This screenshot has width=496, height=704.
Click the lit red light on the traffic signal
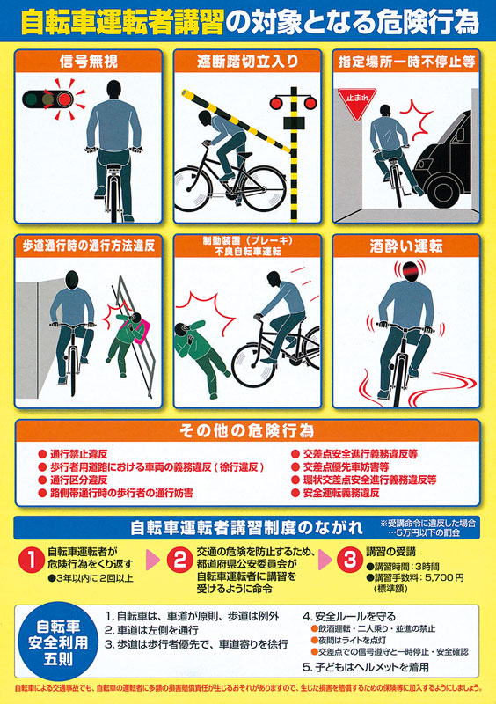pyautogui.click(x=65, y=99)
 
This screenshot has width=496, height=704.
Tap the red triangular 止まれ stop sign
pyautogui.click(x=357, y=102)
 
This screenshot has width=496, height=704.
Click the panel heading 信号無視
pyautogui.click(x=89, y=62)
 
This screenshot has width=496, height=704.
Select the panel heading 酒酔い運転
pyautogui.click(x=406, y=246)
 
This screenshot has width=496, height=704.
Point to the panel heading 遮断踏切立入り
pyautogui.click(x=247, y=62)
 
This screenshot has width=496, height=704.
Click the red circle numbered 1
pyautogui.click(x=32, y=560)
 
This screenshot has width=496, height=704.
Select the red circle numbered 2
pyautogui.click(x=180, y=560)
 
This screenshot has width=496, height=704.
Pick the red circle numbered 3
pyautogui.click(x=350, y=560)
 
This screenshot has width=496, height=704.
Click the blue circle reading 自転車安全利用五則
pyautogui.click(x=58, y=642)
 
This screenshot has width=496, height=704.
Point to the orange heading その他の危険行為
pyautogui.click(x=247, y=431)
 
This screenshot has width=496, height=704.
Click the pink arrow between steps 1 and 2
pyautogui.click(x=153, y=560)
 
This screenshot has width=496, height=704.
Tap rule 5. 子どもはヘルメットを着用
pyautogui.click(x=365, y=667)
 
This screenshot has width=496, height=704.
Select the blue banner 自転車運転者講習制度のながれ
pyautogui.click(x=246, y=527)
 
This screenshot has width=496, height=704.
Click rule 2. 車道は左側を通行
pyautogui.click(x=152, y=630)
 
